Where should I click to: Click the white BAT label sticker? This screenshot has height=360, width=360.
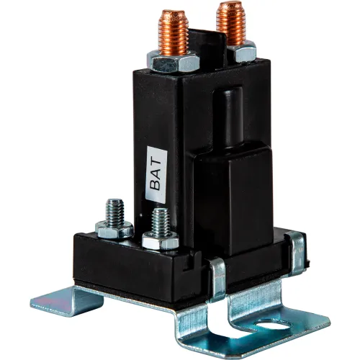click(156, 175)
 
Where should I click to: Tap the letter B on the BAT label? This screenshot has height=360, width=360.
click(156, 185)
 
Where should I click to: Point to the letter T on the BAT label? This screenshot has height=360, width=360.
click(156, 161)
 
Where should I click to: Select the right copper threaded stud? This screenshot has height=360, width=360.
click(231, 23)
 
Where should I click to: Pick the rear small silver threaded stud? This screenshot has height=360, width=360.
click(115, 212)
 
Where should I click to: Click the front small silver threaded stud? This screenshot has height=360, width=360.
click(161, 222)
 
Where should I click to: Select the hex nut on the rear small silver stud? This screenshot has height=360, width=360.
click(114, 230)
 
